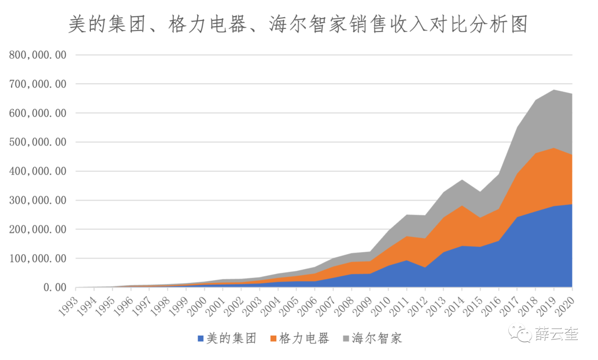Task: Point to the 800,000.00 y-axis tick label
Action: [38, 55]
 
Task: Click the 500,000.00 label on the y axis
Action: [38, 142]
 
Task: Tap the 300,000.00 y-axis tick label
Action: [38, 200]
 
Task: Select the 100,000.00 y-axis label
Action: [38, 259]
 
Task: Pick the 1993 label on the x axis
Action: [69, 305]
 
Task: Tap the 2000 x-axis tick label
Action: [198, 305]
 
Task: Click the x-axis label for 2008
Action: [344, 305]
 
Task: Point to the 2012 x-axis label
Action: [418, 305]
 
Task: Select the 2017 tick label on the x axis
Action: [510, 305]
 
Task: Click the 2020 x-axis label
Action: [565, 305]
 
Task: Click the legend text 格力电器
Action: [304, 338]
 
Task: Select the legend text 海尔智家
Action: [377, 338]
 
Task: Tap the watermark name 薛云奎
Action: [556, 334]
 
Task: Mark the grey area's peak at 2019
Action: [554, 90]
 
